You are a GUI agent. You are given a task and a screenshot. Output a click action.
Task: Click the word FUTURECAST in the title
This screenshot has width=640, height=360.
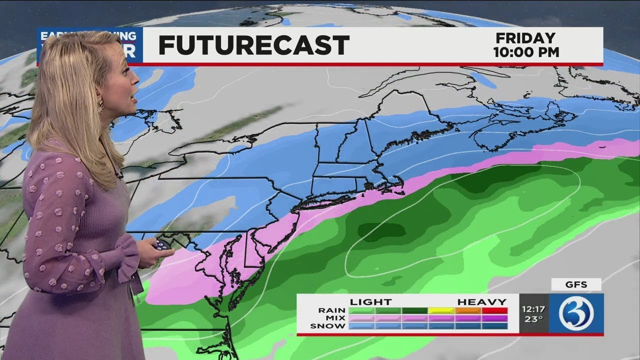(253, 45)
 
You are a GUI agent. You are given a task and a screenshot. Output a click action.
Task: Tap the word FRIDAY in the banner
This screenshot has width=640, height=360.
(525, 38)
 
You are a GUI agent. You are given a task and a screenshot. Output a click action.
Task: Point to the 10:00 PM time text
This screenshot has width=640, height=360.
(526, 52)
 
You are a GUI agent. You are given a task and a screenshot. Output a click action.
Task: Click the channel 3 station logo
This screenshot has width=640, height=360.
(576, 313)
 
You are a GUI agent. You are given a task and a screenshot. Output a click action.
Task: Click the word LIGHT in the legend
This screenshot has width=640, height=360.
(370, 302)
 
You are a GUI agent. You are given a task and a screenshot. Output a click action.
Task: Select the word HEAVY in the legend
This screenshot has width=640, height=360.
(482, 302)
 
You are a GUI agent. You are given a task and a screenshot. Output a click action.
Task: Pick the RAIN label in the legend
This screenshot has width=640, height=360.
(331, 310)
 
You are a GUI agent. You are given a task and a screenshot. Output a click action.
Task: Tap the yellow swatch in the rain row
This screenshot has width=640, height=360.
(441, 310)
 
